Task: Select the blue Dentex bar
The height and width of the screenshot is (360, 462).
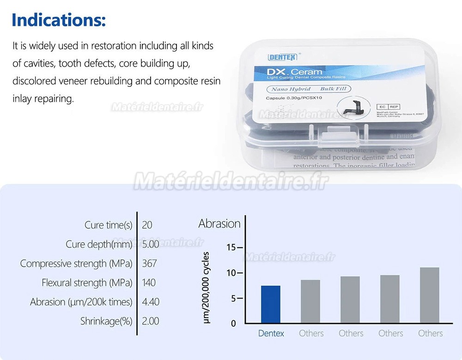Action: [x=271, y=304]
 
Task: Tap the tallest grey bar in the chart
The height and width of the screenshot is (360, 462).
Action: [x=430, y=295]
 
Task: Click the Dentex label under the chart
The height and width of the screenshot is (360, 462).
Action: [x=271, y=333]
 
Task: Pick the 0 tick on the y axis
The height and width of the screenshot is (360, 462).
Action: [x=233, y=323]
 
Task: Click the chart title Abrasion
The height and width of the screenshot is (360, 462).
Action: [x=219, y=224]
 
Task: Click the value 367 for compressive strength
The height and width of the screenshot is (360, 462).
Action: [x=150, y=263]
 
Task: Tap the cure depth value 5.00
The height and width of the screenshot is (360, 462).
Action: [x=151, y=244]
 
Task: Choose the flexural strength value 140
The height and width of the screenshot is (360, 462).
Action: [x=149, y=282]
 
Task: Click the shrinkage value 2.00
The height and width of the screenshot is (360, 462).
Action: [x=151, y=321]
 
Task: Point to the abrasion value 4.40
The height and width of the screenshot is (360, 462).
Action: [x=151, y=302]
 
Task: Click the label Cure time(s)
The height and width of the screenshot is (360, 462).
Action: [x=109, y=225]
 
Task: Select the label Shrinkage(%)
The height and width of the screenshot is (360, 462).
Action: [x=106, y=321]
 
